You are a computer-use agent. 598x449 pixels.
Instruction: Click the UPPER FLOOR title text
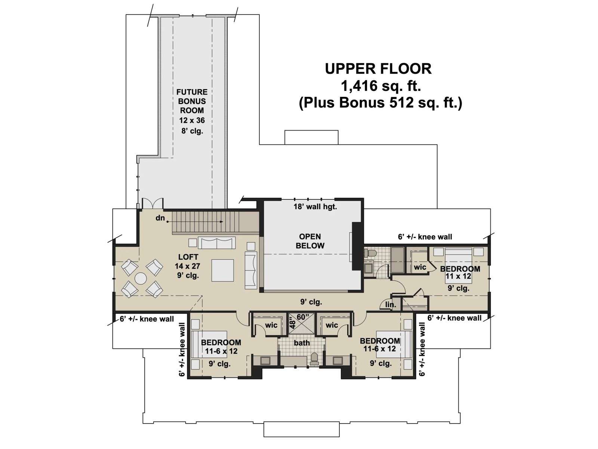click(x=378, y=69)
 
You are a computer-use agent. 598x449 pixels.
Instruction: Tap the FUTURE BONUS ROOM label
click(x=192, y=101)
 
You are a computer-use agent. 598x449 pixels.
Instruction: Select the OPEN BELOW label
click(x=310, y=241)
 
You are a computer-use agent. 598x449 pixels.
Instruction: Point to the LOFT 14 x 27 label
click(x=188, y=261)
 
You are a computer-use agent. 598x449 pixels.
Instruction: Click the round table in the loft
click(x=141, y=279)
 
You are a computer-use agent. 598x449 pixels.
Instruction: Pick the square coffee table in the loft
click(x=223, y=270)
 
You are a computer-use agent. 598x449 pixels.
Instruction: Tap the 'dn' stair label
click(x=160, y=218)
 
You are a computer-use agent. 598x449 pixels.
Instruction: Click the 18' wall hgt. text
click(x=315, y=207)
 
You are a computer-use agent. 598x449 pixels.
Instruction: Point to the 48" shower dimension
click(x=293, y=324)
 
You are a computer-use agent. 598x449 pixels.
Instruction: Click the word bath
click(x=302, y=343)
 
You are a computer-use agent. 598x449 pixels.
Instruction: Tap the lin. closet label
click(x=391, y=305)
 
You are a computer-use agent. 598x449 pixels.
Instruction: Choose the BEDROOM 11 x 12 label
click(x=460, y=272)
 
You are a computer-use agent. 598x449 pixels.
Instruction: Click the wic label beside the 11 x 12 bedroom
click(x=420, y=267)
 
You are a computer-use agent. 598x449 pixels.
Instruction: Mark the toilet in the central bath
click(x=314, y=359)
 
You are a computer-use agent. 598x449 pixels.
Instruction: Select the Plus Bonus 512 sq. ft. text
click(x=380, y=103)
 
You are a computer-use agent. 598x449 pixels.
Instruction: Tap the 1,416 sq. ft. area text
click(x=381, y=86)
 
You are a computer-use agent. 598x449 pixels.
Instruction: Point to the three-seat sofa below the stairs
click(x=216, y=242)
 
